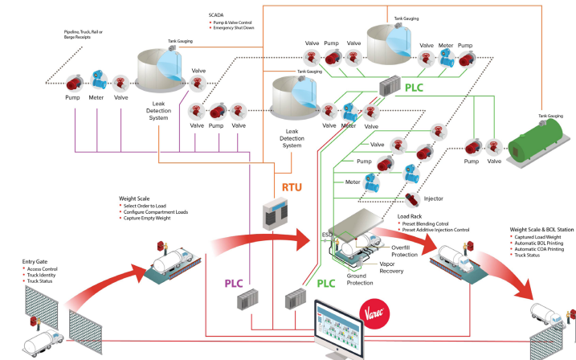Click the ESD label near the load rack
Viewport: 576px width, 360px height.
pyautogui.click(x=328, y=235)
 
